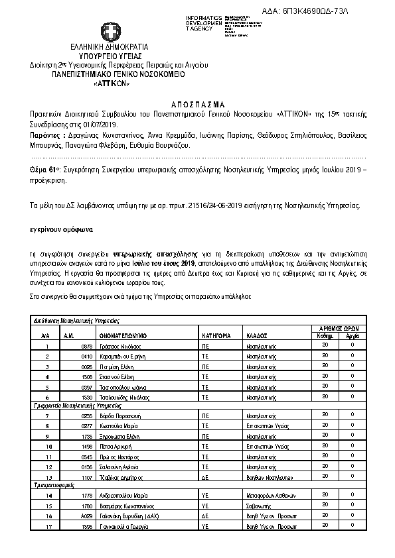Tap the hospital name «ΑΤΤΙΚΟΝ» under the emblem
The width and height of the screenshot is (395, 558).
point(110,84)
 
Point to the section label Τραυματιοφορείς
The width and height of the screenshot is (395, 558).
point(54,486)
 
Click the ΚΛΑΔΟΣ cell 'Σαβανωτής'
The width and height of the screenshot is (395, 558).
point(257,506)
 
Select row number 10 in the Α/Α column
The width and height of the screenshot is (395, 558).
point(48,447)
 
